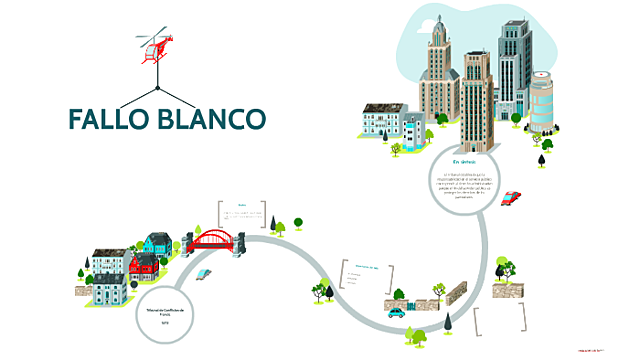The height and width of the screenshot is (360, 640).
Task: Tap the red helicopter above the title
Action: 154,46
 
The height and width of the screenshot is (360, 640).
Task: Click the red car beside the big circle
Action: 511,197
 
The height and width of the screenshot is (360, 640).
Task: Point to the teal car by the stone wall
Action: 397,310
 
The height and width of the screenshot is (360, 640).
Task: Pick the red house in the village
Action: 143,265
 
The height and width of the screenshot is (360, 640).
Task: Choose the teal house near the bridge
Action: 157,242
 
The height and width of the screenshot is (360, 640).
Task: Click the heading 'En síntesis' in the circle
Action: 463,161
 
